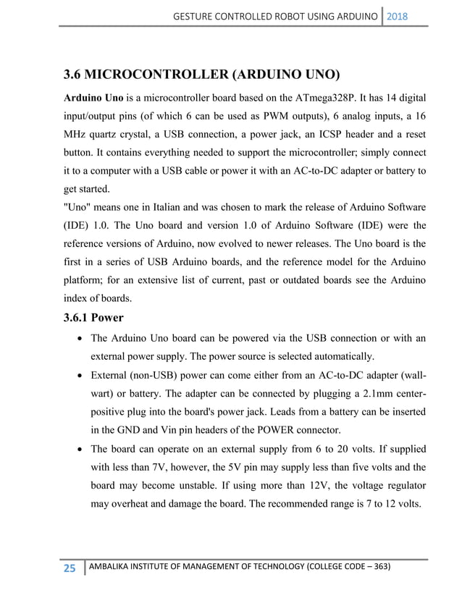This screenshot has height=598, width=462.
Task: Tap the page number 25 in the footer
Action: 70,569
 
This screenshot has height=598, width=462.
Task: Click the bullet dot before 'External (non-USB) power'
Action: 77,376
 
